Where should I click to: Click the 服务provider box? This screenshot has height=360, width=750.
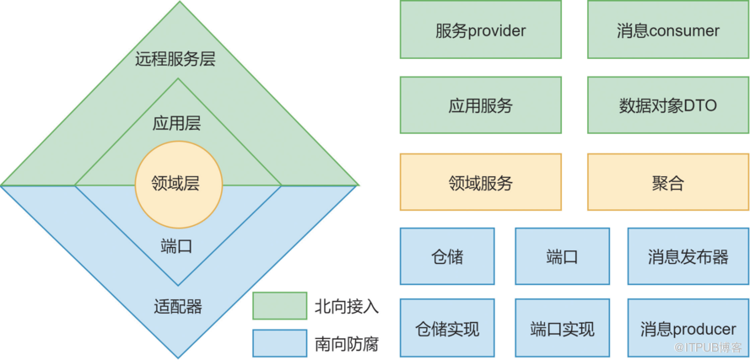pyautogui.click(x=481, y=31)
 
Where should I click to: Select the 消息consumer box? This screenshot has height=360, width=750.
pyautogui.click(x=668, y=31)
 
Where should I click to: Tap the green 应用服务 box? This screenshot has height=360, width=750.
pyautogui.click(x=481, y=106)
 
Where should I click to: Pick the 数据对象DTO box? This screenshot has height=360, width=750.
pyautogui.click(x=668, y=106)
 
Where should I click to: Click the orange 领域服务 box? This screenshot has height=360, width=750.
pyautogui.click(x=481, y=182)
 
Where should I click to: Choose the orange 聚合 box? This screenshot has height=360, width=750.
pyautogui.click(x=668, y=182)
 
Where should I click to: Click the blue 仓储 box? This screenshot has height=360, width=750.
pyautogui.click(x=445, y=256)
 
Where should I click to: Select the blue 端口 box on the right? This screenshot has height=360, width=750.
pyautogui.click(x=562, y=256)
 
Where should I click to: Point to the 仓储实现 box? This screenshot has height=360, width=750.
pyautogui.click(x=445, y=328)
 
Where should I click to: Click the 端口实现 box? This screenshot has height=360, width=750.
pyautogui.click(x=562, y=328)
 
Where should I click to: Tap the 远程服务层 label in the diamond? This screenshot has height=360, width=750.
pyautogui.click(x=178, y=59)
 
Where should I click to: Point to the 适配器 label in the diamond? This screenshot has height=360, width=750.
pyautogui.click(x=178, y=306)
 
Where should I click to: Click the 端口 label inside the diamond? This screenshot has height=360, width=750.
pyautogui.click(x=177, y=247)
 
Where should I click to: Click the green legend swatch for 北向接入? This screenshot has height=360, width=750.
pyautogui.click(x=279, y=306)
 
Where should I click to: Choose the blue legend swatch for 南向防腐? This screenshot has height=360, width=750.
pyautogui.click(x=279, y=342)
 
